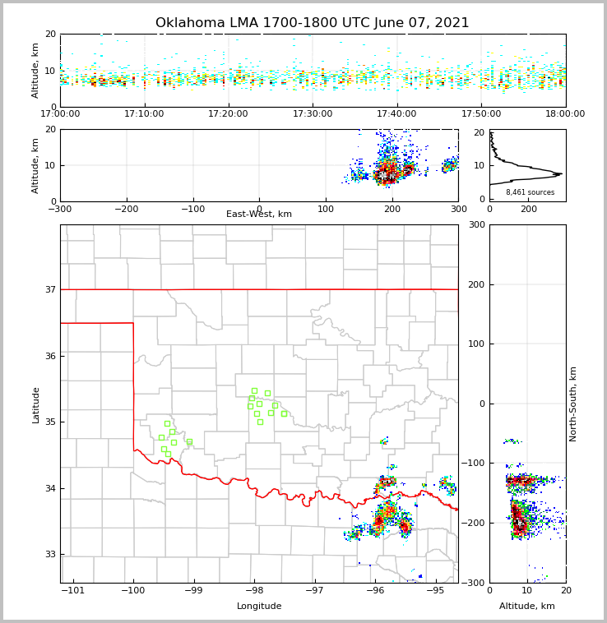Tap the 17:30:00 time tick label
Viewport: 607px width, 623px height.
point(313,114)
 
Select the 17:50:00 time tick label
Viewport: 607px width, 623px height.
point(481,114)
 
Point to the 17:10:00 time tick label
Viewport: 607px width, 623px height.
point(145,114)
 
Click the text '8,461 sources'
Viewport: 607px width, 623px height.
point(530,192)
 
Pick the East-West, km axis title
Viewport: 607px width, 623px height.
point(259,215)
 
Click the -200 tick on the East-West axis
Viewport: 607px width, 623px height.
point(126,209)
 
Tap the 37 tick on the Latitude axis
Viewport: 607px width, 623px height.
point(50,289)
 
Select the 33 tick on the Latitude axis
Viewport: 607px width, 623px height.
point(50,555)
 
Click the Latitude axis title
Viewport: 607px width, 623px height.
point(36,404)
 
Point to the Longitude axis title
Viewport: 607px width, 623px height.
point(259,607)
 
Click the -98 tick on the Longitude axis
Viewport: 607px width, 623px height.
point(254,591)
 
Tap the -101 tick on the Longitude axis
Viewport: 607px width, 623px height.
point(73,591)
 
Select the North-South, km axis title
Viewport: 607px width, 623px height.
point(574,404)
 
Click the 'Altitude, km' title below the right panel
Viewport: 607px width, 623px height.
point(527,607)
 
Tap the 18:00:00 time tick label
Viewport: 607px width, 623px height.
point(565,114)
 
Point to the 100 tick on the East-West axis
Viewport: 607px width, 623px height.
point(326,209)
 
